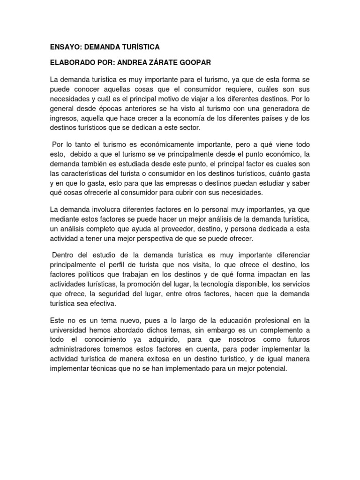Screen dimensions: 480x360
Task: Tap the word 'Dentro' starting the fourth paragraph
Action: [64, 254]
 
